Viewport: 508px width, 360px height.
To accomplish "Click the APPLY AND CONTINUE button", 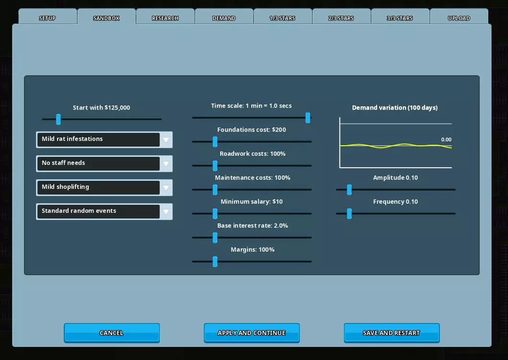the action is [252, 333].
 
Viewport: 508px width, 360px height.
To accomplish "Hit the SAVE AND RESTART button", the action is [392, 333].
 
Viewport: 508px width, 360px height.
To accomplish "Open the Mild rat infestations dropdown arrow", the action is [166, 140].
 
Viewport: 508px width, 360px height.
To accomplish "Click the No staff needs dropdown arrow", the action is [166, 164].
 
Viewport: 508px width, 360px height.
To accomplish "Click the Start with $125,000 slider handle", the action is [59, 119].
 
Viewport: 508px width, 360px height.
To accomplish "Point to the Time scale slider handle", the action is [308, 117].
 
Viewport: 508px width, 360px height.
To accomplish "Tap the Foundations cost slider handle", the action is [215, 141].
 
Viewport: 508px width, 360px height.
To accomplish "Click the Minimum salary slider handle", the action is [215, 213].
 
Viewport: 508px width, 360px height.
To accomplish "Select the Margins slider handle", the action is [215, 261].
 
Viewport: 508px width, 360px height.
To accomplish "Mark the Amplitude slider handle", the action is [349, 189].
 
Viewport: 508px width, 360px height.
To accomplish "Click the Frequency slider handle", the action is [349, 213].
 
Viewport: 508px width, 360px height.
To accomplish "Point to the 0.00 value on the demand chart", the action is [446, 139].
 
